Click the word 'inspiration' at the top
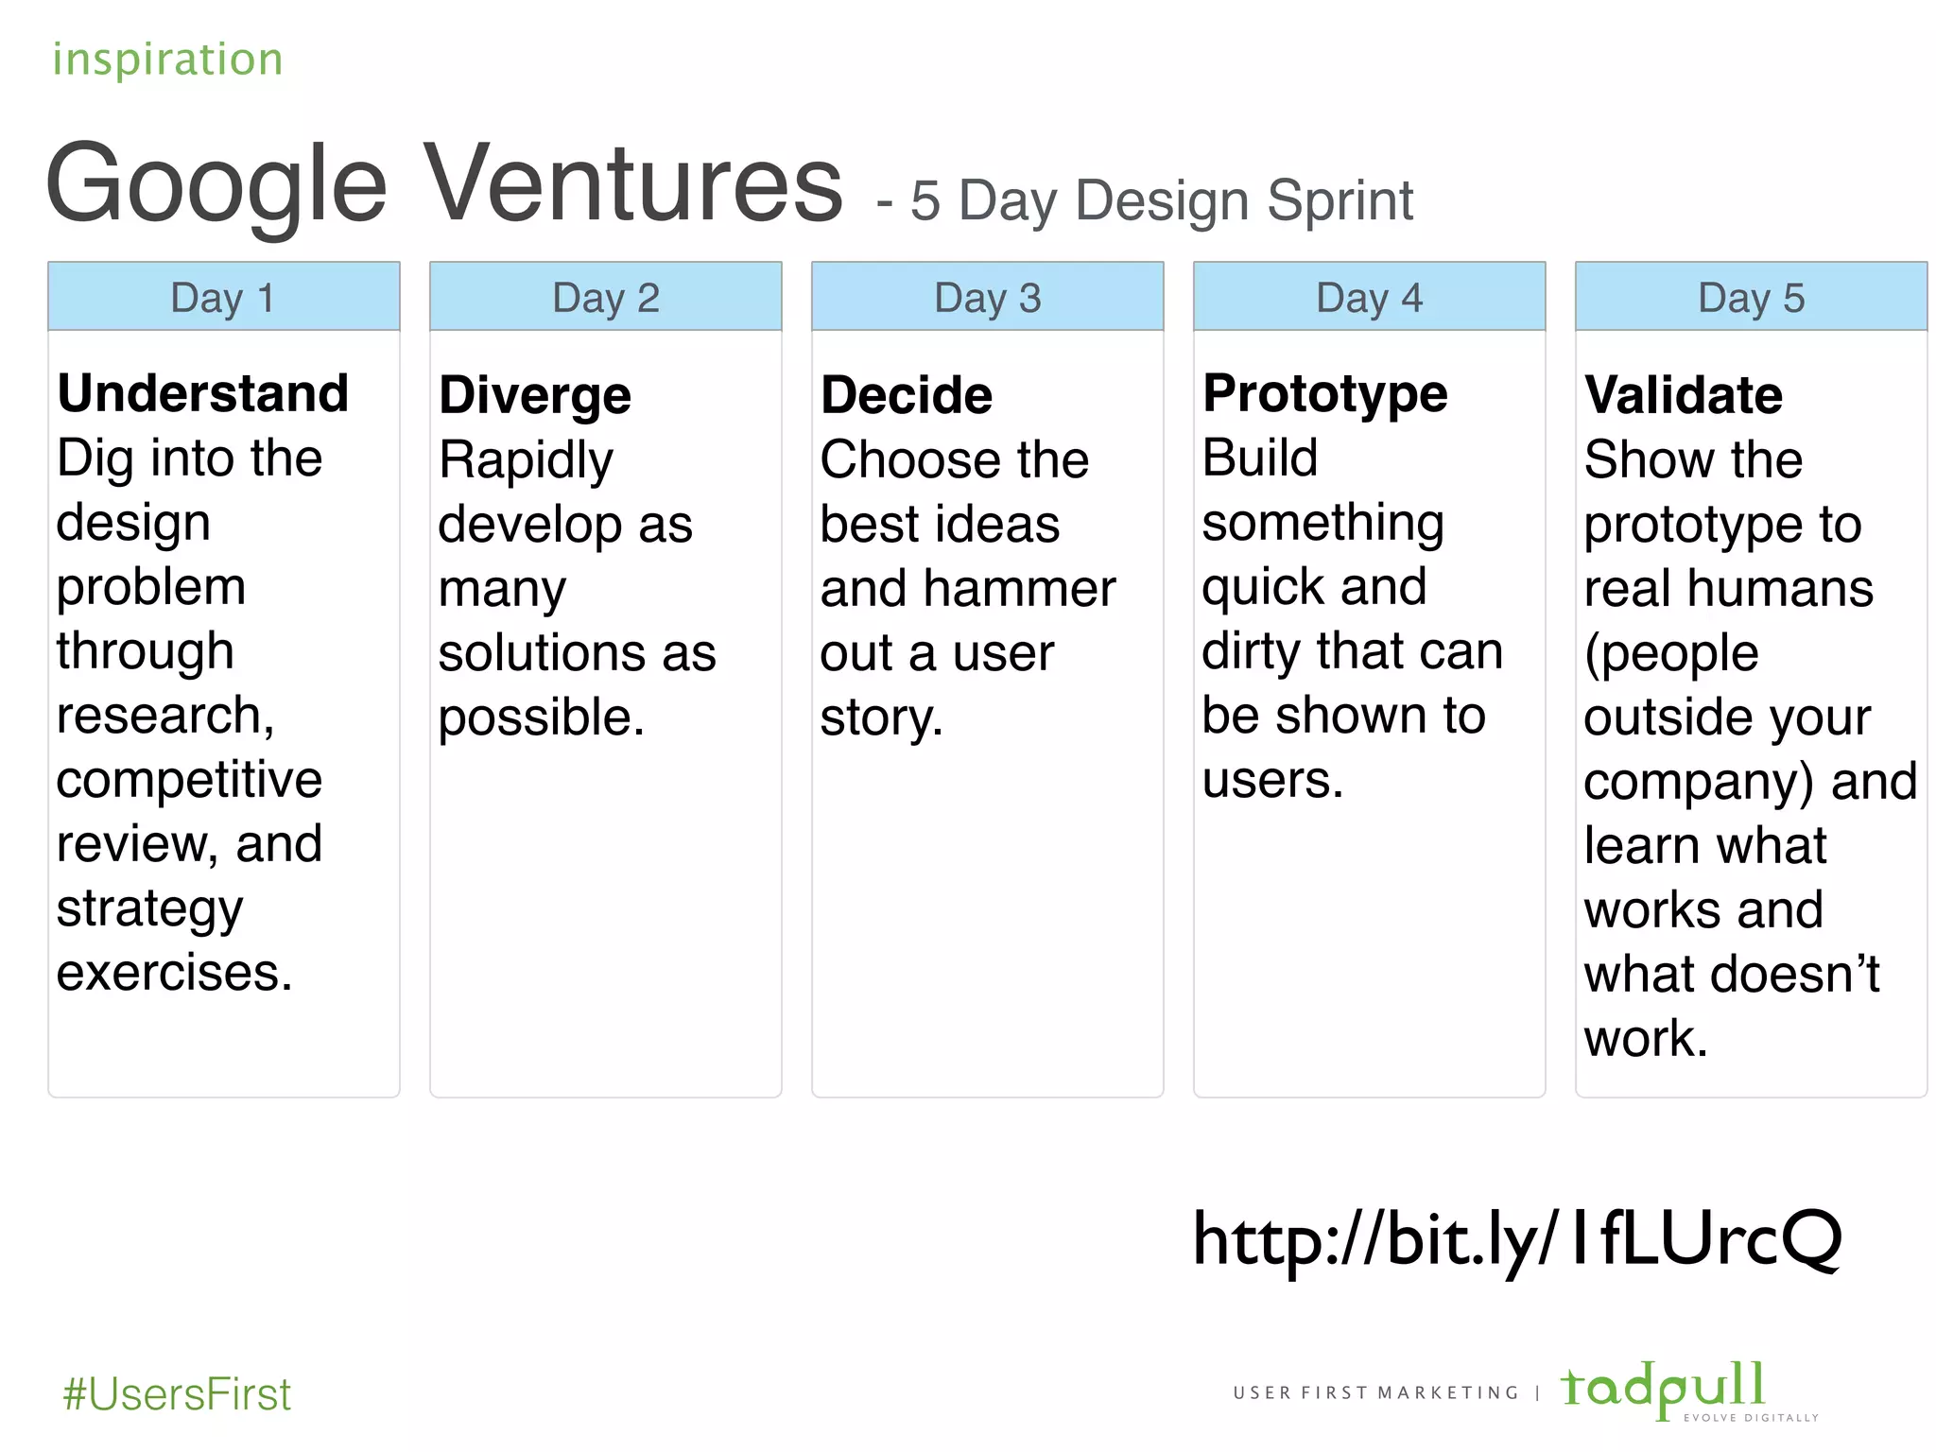point(167,60)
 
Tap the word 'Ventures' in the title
point(631,182)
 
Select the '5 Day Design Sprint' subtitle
point(1161,200)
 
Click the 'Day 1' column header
point(223,298)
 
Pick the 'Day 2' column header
point(606,298)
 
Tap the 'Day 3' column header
point(988,298)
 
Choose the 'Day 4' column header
point(1370,298)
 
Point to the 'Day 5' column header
point(1752,298)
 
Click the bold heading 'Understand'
point(203,393)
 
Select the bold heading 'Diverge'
point(535,395)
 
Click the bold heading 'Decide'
point(907,395)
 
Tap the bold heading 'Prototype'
point(1324,393)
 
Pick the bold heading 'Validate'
point(1684,395)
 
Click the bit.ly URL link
point(1516,1238)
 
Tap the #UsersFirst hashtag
point(177,1394)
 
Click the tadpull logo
point(1664,1388)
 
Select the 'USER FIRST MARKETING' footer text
point(1375,1392)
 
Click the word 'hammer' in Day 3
point(1019,589)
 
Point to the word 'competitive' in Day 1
point(189,780)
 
